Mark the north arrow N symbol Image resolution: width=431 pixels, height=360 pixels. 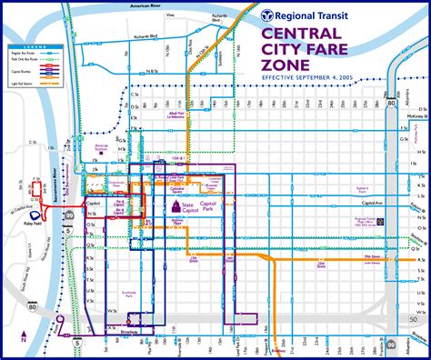coord(18,339)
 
